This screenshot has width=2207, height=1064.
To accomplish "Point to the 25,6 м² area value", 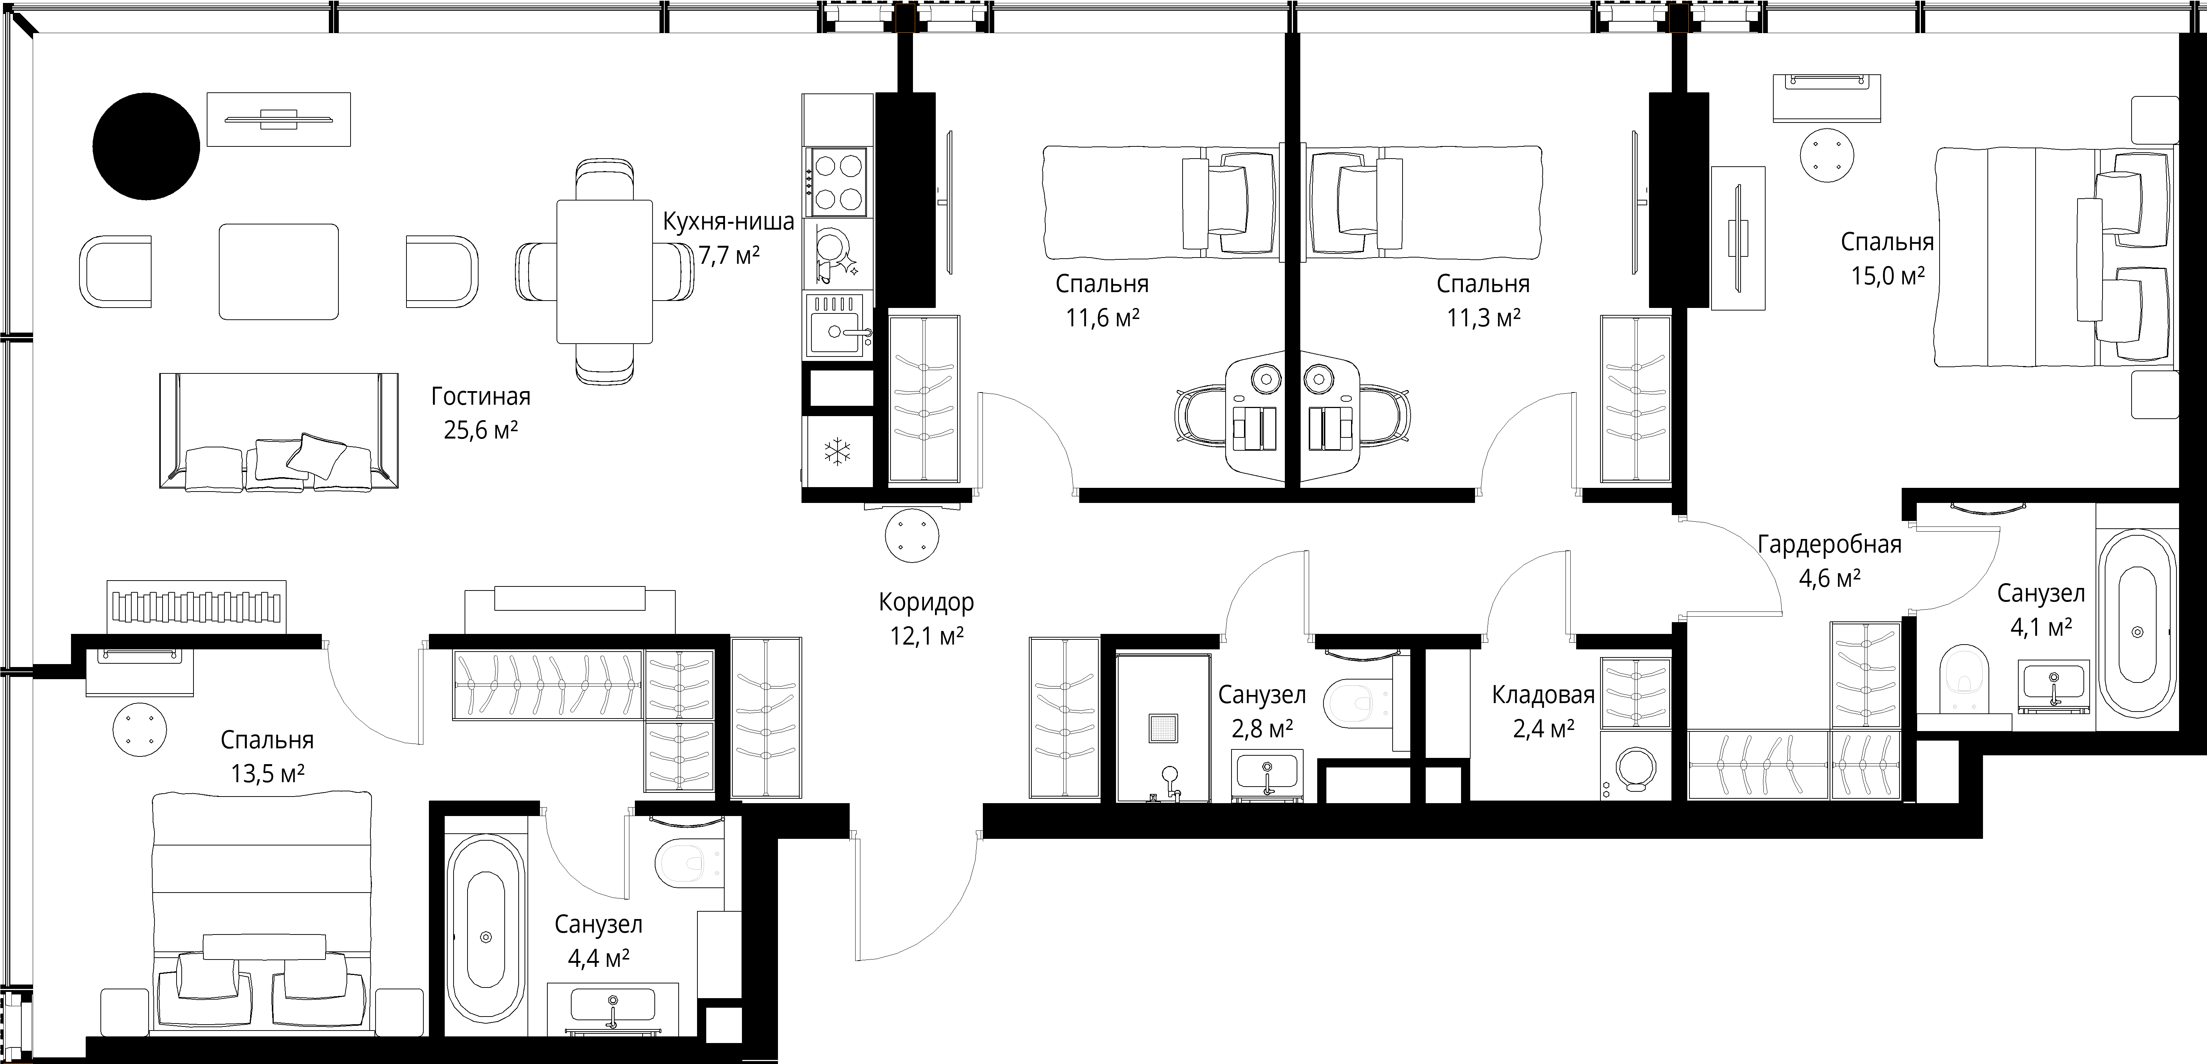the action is point(481,429).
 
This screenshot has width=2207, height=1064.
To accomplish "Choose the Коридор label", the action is point(926,602).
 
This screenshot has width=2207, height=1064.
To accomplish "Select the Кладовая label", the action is point(1543,695).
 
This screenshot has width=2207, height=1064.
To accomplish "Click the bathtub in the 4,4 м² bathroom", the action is point(486,936).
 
